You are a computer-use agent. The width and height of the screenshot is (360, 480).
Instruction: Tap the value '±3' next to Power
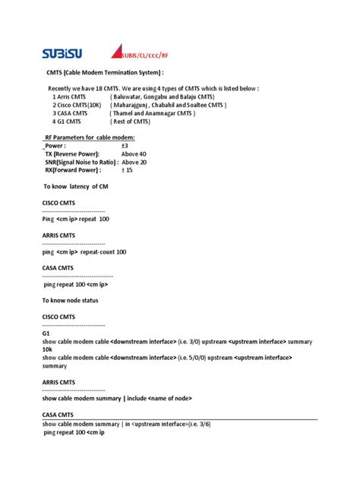click(x=125, y=145)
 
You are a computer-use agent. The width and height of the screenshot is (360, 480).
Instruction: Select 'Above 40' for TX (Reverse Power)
click(x=134, y=153)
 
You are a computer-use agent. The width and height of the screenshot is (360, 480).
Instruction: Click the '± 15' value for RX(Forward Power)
click(x=127, y=170)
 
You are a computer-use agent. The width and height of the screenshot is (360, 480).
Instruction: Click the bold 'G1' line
click(x=46, y=333)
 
